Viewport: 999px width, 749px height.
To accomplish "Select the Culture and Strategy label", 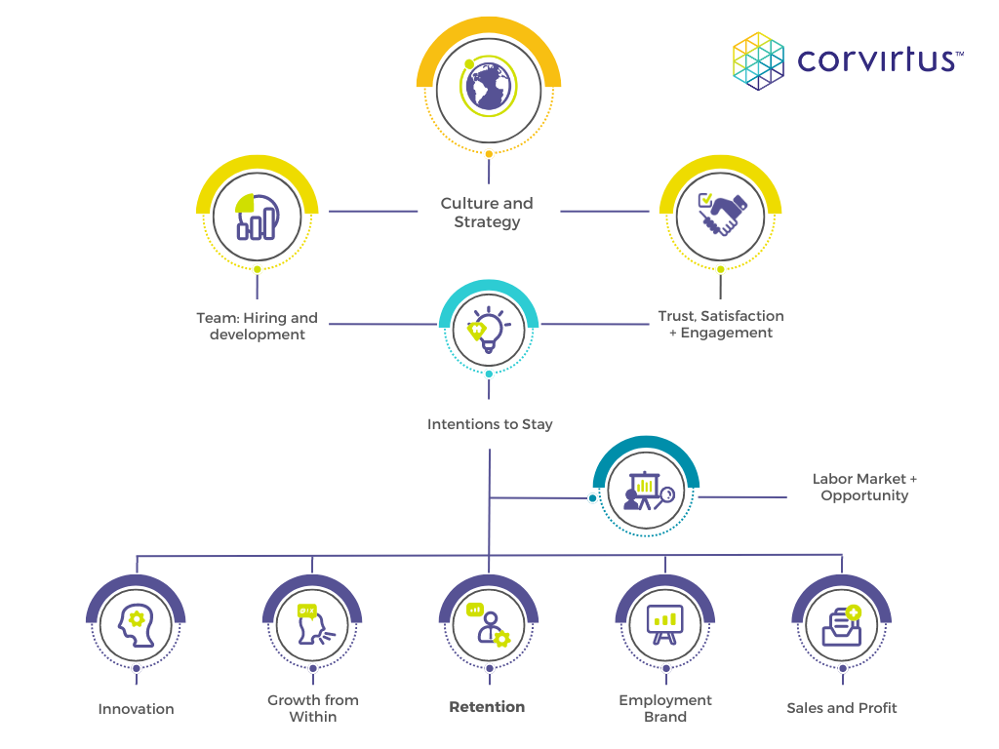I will (487, 213).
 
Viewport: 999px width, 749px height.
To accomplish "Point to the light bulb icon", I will (489, 330).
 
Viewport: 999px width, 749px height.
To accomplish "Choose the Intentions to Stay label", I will (490, 424).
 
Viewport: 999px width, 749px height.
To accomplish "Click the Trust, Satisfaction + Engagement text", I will (721, 324).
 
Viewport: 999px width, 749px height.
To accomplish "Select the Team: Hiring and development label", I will (258, 326).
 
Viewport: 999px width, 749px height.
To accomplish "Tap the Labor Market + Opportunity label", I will (864, 487).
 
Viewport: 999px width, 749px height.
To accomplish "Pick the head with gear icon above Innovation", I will (137, 625).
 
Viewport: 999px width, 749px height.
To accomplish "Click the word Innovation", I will (137, 709).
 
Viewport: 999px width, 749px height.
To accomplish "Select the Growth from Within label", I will (313, 708).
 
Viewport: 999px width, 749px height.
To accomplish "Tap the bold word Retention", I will (487, 707).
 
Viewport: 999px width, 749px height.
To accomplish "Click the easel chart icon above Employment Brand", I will (665, 625).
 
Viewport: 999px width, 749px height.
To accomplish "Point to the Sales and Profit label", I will (842, 708).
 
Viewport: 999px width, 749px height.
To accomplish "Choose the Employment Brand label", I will (665, 708).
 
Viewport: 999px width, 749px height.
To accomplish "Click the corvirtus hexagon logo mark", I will (759, 59).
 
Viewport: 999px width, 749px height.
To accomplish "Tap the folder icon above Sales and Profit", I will (841, 625).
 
